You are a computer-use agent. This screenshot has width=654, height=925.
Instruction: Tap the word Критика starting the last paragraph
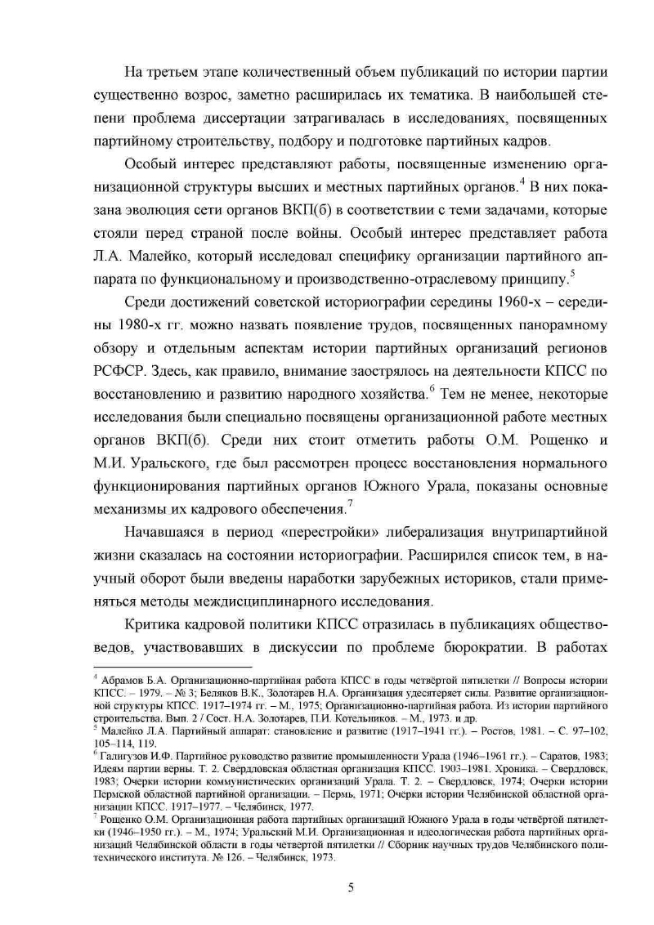click(155, 627)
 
